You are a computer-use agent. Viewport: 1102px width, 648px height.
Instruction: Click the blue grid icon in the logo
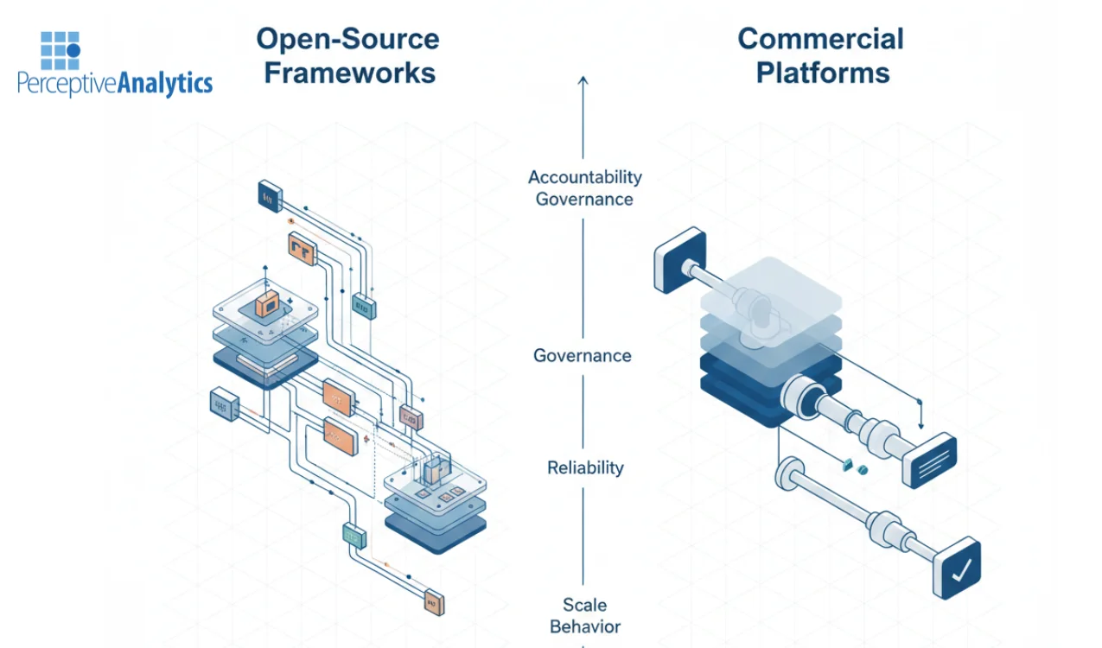[x=60, y=51]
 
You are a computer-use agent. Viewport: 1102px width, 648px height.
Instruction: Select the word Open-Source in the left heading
[x=348, y=39]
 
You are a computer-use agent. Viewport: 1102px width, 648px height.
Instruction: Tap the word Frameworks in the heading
[x=349, y=73]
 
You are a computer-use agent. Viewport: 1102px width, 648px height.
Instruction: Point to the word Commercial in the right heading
[x=820, y=39]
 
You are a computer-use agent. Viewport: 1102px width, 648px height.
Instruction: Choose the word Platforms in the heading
[x=822, y=73]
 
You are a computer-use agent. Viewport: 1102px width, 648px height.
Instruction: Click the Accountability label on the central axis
[x=585, y=177]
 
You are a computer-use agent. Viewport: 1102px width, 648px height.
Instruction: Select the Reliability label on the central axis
[x=585, y=467]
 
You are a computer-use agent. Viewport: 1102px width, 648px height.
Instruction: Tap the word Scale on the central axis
[x=585, y=605]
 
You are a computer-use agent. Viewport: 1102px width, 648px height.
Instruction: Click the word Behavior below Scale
[x=585, y=626]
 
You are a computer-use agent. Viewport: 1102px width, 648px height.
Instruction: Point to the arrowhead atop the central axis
[x=583, y=80]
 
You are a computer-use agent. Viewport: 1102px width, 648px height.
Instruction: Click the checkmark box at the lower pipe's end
[x=957, y=568]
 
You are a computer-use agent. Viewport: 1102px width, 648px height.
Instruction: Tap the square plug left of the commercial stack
[x=680, y=259]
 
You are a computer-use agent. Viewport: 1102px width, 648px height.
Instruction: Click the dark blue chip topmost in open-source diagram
[x=270, y=195]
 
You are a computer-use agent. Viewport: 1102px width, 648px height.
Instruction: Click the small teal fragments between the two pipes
[x=854, y=467]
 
